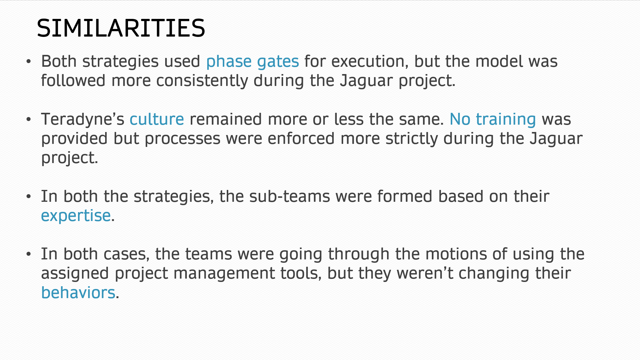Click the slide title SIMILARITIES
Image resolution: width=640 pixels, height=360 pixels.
tap(121, 28)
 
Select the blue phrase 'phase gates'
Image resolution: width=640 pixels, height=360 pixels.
tap(253, 62)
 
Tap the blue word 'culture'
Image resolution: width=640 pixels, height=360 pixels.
tap(157, 119)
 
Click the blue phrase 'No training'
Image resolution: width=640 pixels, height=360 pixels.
tap(493, 120)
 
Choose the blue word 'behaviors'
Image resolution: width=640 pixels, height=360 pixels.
tap(78, 293)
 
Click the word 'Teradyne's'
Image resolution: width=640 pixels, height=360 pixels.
tap(83, 120)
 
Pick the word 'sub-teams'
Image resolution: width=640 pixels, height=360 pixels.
tap(290, 197)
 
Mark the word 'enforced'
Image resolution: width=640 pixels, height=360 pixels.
tap(301, 139)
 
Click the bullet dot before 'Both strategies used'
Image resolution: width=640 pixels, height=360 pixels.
tap(29, 62)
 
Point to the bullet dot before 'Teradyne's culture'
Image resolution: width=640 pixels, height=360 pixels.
tap(29, 120)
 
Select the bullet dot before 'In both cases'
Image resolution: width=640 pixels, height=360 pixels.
tap(29, 254)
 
